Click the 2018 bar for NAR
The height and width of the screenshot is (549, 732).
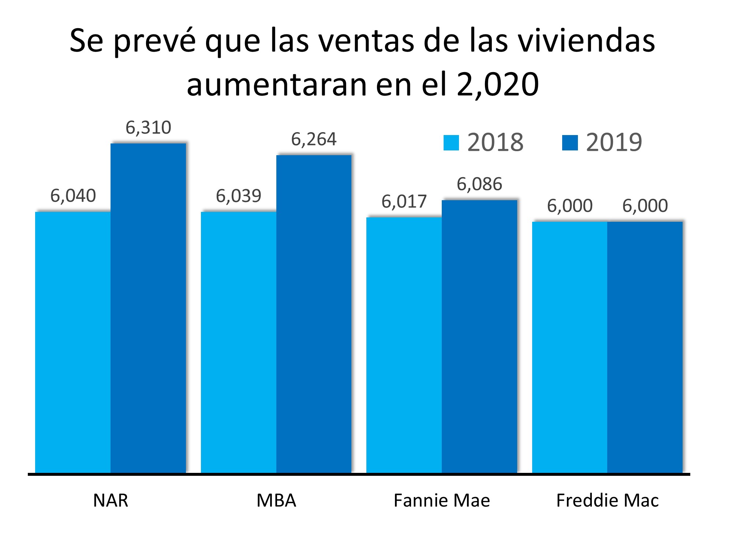pos(73,342)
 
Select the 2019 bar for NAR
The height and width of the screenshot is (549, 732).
pos(148,307)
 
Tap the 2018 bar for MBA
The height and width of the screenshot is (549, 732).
pos(239,342)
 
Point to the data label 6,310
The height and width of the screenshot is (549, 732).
pos(148,128)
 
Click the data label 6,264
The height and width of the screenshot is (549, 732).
pos(314,139)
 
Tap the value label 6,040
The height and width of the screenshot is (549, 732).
pos(73,196)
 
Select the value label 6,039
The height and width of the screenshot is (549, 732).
pos(239,196)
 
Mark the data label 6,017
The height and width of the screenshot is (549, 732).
pos(404,202)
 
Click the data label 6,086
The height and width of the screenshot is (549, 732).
pos(479,184)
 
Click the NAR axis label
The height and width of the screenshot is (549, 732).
pos(111,500)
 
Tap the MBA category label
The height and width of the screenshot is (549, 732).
pos(276,500)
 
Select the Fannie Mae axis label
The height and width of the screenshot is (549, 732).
pos(442,500)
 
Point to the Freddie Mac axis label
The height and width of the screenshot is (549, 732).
pos(608,500)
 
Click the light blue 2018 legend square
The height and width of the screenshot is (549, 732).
pos(451,143)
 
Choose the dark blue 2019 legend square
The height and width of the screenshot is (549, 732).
pos(570,143)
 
